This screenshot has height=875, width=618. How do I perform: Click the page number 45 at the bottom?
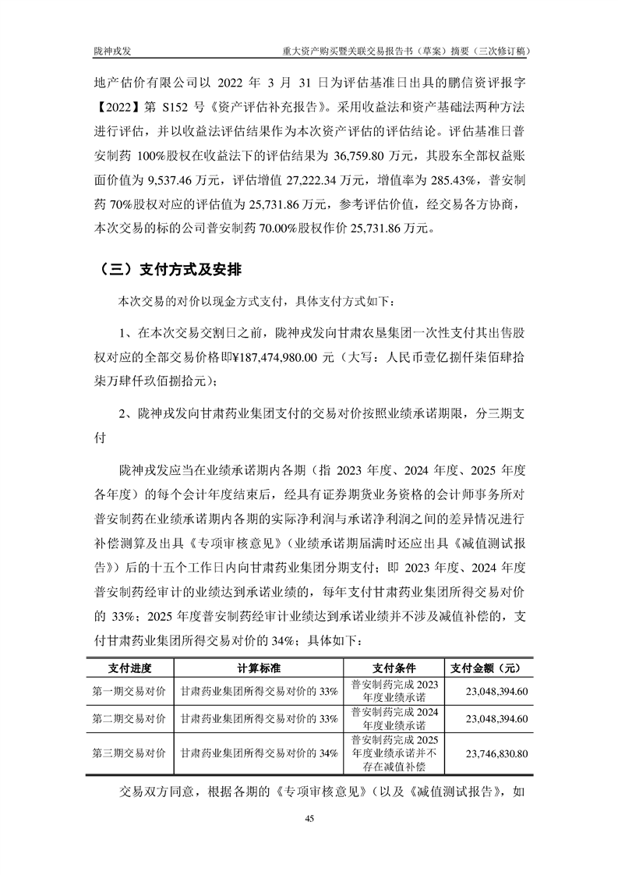point(309,818)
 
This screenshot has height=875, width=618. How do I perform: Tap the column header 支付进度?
point(129,668)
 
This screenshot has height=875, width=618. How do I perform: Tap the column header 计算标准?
point(259,668)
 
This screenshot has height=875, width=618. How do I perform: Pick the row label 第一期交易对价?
point(129,691)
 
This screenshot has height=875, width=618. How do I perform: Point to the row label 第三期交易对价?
point(129,754)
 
